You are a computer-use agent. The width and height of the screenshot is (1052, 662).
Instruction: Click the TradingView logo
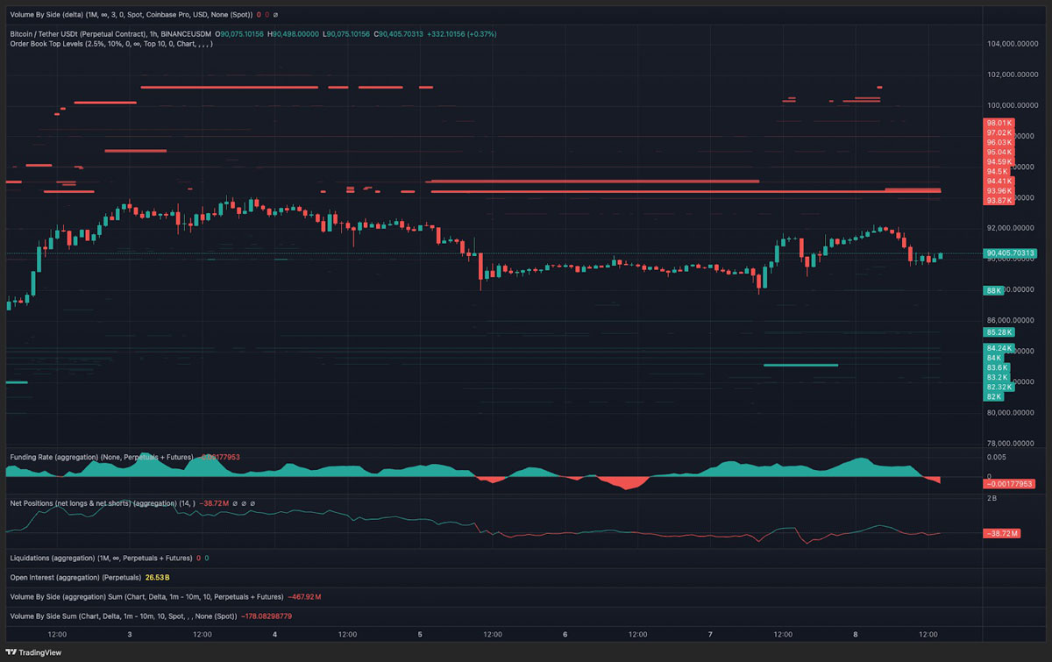coord(35,653)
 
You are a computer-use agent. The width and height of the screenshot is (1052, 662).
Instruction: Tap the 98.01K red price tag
coord(999,123)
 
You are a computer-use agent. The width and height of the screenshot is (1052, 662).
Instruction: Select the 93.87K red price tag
coord(999,201)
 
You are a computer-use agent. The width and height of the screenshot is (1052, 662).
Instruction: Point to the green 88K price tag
coord(993,290)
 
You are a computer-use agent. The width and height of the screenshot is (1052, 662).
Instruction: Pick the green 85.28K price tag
coord(999,332)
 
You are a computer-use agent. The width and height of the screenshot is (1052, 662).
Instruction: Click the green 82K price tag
coord(993,396)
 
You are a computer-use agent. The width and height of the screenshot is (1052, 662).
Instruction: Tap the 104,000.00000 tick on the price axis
coord(1013,44)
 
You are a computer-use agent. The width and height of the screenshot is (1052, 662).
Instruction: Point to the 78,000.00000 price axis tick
coord(1013,444)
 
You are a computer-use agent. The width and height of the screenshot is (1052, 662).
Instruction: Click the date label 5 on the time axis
coord(420,634)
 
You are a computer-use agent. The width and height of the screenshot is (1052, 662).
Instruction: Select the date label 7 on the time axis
coord(710,634)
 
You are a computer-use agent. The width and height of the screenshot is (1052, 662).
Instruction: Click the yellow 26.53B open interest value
coord(157,578)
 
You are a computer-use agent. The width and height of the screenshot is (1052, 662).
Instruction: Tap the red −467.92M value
coord(304,597)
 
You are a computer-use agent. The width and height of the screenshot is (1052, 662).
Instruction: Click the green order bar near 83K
coord(800,365)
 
